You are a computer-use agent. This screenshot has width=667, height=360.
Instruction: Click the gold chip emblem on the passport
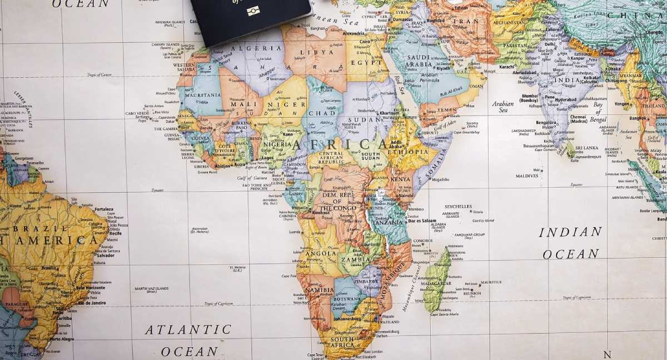pos(253,11)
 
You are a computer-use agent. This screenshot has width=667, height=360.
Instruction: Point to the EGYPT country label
pos(366,62)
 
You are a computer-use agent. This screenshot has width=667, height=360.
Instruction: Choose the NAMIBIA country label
pos(320,290)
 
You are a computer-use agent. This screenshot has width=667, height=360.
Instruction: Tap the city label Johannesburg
pos(347,319)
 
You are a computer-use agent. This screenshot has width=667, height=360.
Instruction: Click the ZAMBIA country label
pos(356,259)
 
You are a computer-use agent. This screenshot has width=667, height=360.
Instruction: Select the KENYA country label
pos(400,179)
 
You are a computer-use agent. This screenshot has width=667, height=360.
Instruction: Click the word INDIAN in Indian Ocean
pos(570,232)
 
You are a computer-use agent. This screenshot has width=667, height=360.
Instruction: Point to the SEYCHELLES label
pos(458,206)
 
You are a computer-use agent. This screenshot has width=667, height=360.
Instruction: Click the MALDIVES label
pos(526,176)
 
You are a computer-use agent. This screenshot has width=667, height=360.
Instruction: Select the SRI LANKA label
pos(586,148)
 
